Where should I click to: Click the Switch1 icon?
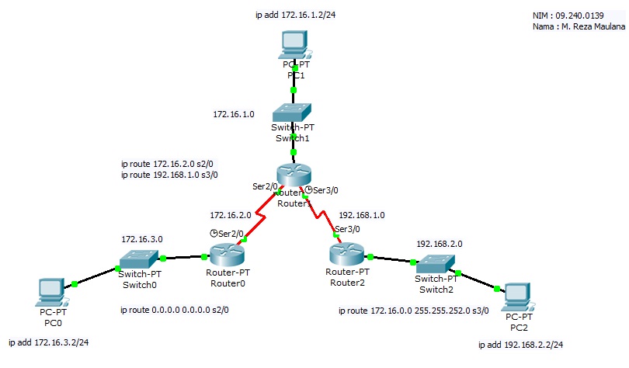tap(294, 112)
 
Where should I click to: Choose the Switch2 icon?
tap(434, 264)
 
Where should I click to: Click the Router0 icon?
tap(225, 255)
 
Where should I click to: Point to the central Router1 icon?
tap(292, 175)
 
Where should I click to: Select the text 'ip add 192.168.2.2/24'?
tap(520, 344)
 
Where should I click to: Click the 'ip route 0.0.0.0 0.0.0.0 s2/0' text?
tap(175, 310)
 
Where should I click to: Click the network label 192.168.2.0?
tap(440, 243)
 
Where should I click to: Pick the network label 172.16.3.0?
tap(142, 240)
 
